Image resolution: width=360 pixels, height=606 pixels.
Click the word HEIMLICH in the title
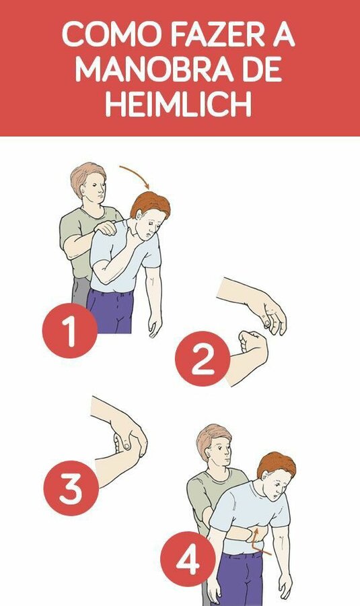(178, 104)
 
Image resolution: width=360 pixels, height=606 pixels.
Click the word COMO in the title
(112, 35)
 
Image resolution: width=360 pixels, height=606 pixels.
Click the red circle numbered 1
(70, 331)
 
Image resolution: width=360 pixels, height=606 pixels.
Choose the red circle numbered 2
(203, 359)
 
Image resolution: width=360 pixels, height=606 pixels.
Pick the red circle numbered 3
(71, 488)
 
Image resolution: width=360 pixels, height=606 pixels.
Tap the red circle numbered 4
(188, 559)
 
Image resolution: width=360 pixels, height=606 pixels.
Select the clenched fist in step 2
(253, 345)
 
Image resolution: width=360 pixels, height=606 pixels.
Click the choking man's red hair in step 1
(151, 203)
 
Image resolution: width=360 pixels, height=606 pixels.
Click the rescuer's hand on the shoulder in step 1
(106, 228)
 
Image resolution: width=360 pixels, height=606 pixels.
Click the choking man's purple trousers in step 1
(111, 311)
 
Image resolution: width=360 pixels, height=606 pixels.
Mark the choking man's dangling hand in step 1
(155, 325)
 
